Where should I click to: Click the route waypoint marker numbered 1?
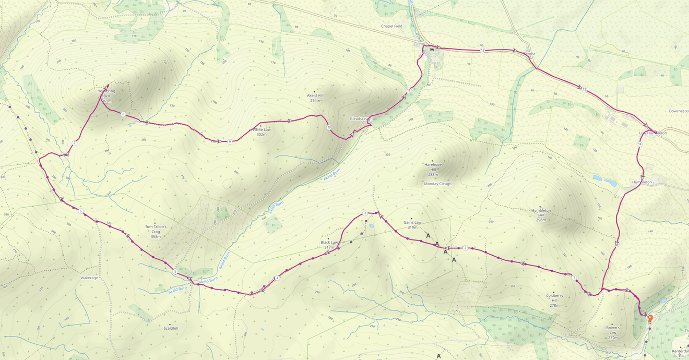[574, 277]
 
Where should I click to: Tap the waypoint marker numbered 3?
[365, 213]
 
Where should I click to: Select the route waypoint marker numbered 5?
[175, 271]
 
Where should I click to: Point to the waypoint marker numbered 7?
[75, 143]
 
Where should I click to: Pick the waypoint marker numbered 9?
[230, 142]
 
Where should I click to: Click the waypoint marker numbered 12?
[482, 50]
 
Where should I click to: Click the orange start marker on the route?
[650, 318]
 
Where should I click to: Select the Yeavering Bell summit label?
[106, 94]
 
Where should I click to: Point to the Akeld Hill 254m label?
[315, 98]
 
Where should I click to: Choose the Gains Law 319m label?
[412, 224]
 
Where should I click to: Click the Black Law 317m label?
[329, 245]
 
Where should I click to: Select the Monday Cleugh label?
[437, 184]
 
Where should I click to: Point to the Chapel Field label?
[391, 26]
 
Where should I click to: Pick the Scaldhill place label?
[171, 328]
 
